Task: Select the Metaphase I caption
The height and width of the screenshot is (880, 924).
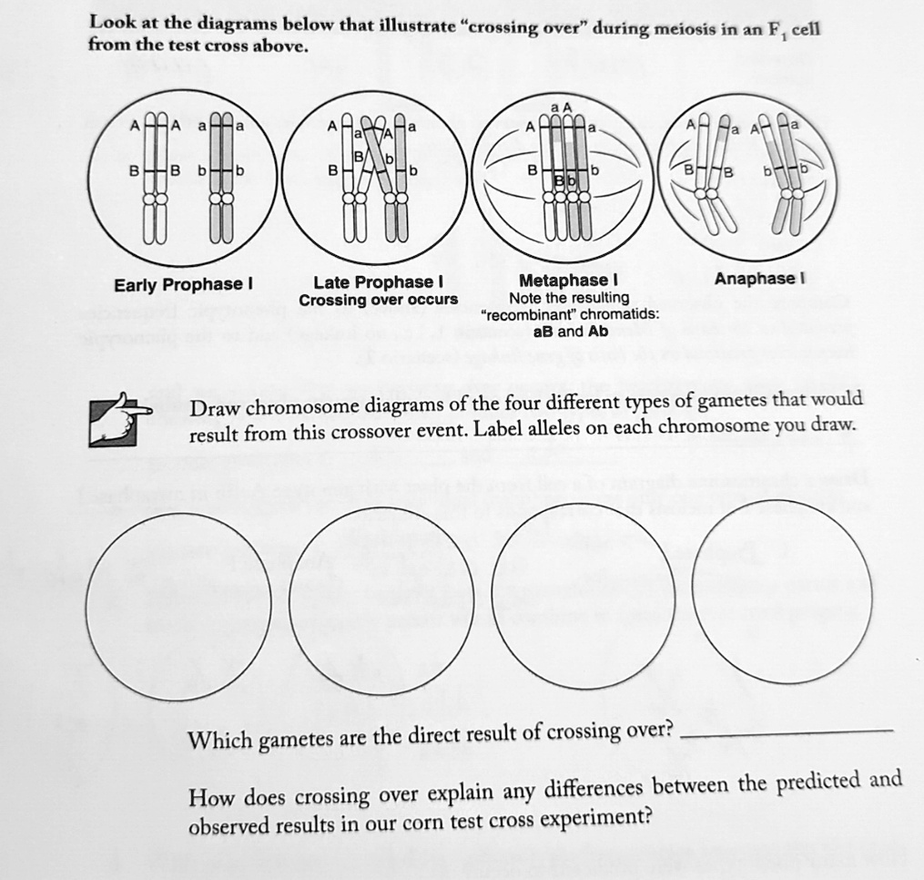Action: [569, 280]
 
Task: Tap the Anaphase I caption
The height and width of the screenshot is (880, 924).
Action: [759, 279]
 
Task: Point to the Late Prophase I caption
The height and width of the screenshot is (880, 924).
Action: [378, 282]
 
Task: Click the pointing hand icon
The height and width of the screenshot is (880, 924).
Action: [120, 418]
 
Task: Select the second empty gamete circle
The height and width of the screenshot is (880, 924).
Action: [382, 601]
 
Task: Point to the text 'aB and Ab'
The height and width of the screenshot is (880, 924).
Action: [569, 331]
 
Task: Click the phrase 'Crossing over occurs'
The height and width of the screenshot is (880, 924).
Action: [378, 300]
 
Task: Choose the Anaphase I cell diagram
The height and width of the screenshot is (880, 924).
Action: [746, 178]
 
